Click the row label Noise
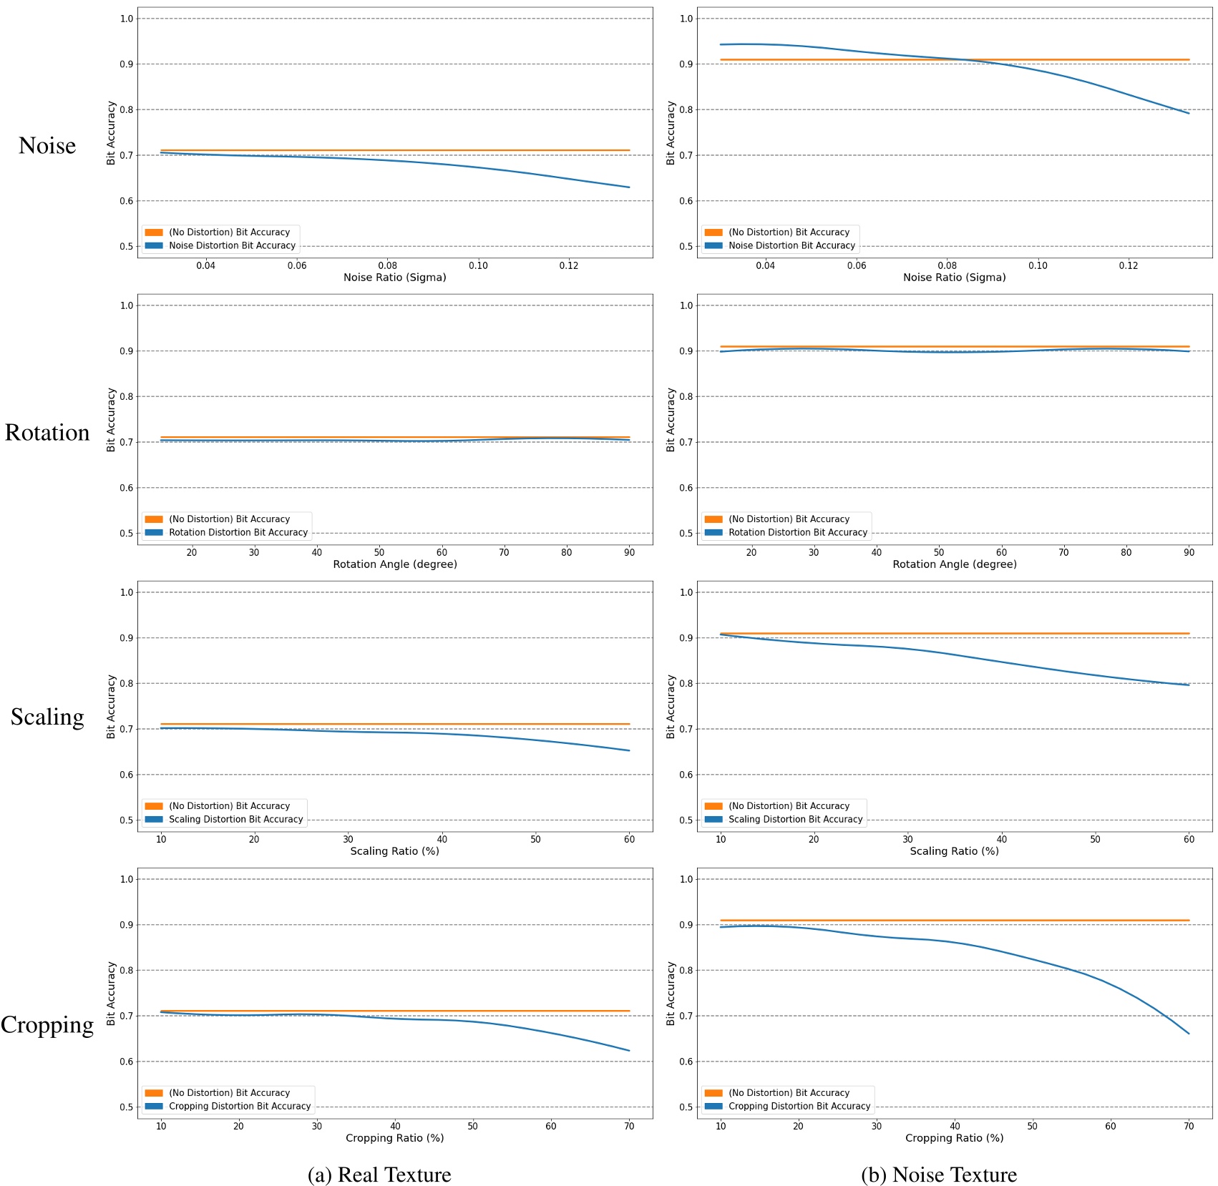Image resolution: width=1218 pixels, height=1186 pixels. (47, 145)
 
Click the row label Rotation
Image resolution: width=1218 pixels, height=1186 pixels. (47, 432)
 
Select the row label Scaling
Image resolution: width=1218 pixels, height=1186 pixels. (47, 716)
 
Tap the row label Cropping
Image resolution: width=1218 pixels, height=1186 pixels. (47, 1024)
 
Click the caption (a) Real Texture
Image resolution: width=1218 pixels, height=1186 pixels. (379, 1175)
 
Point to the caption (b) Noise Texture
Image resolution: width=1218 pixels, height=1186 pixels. (939, 1175)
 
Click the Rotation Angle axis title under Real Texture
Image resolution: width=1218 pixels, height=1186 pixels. (395, 564)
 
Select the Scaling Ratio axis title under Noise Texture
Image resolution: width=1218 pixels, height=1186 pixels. (954, 851)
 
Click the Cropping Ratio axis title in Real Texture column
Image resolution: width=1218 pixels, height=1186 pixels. (395, 1138)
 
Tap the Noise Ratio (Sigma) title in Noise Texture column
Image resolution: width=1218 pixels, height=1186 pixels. (954, 278)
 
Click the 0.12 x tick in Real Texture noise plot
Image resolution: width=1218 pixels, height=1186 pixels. (569, 265)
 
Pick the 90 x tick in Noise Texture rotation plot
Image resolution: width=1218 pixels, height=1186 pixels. (1189, 552)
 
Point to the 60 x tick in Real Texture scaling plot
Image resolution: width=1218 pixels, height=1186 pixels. (629, 839)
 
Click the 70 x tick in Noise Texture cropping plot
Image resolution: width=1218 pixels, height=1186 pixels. (1189, 1126)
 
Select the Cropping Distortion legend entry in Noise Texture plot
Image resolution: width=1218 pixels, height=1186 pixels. (799, 1106)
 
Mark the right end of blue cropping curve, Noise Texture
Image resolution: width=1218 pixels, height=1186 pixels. (1189, 1034)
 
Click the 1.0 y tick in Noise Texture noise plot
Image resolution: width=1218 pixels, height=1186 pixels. (686, 19)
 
